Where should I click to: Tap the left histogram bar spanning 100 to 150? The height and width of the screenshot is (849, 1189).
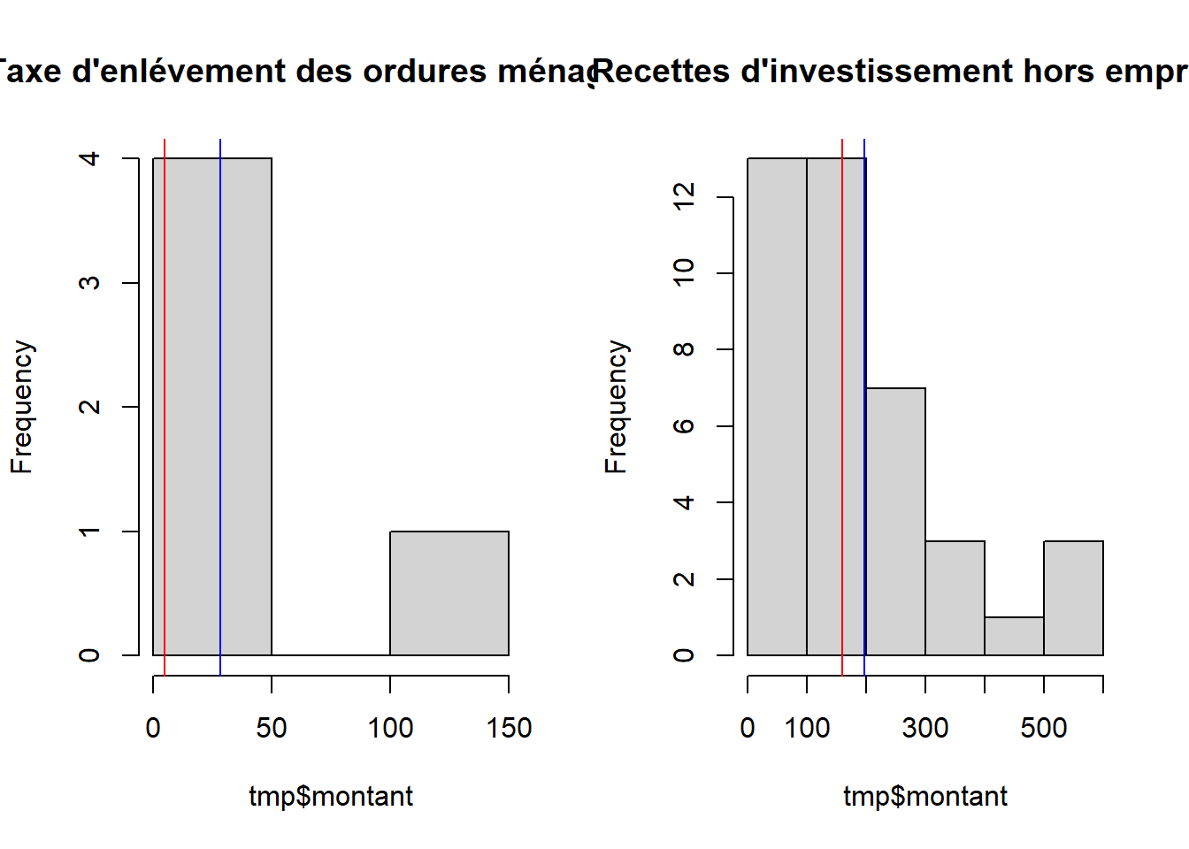(449, 593)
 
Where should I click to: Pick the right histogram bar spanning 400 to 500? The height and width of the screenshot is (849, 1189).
(1014, 637)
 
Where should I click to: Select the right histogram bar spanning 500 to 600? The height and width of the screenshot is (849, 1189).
(1073, 598)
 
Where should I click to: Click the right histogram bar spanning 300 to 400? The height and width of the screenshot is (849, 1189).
(955, 598)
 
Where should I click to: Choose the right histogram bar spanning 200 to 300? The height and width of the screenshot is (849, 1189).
(895, 522)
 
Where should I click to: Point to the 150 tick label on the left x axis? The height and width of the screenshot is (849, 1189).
(509, 728)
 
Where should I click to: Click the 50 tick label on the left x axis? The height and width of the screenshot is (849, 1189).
(272, 728)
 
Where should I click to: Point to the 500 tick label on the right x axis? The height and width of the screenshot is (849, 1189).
(1044, 728)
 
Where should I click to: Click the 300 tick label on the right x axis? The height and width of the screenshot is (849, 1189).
(925, 728)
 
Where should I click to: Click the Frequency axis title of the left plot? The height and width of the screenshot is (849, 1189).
(22, 407)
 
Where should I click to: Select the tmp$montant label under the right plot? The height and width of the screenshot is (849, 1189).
(925, 796)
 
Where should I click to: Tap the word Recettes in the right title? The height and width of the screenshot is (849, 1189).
(663, 71)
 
